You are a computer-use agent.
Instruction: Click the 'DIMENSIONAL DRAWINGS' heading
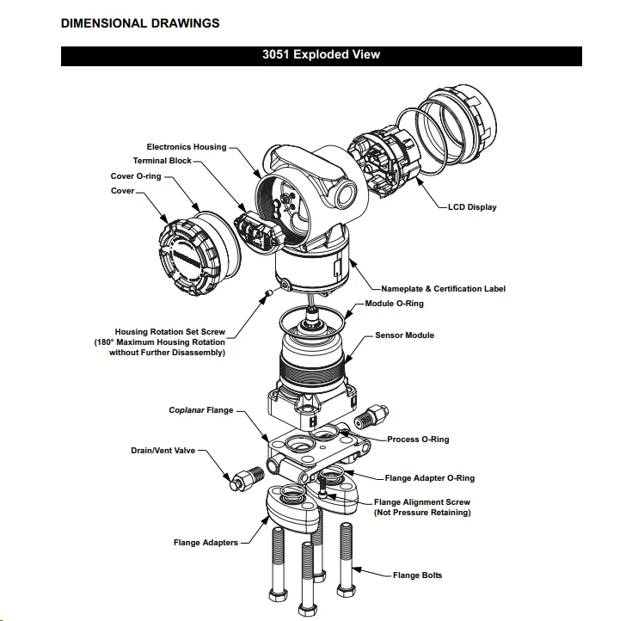click(140, 23)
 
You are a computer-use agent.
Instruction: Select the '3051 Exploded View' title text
click(321, 55)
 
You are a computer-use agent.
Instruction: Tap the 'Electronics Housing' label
click(187, 147)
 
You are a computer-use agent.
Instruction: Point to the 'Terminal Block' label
click(163, 161)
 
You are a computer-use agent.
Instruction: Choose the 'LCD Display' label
click(472, 207)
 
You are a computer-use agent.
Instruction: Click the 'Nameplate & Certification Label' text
click(443, 289)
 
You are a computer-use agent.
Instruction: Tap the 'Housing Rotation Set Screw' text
click(170, 331)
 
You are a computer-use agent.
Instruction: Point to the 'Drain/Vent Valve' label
click(156, 450)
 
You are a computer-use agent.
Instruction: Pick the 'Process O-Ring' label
click(418, 440)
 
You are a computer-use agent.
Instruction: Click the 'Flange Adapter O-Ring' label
click(429, 478)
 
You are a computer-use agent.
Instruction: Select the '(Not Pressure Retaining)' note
click(421, 513)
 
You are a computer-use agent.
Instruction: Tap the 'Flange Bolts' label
click(418, 575)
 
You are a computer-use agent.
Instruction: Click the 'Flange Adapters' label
click(206, 543)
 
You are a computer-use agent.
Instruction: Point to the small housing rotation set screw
click(268, 295)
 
